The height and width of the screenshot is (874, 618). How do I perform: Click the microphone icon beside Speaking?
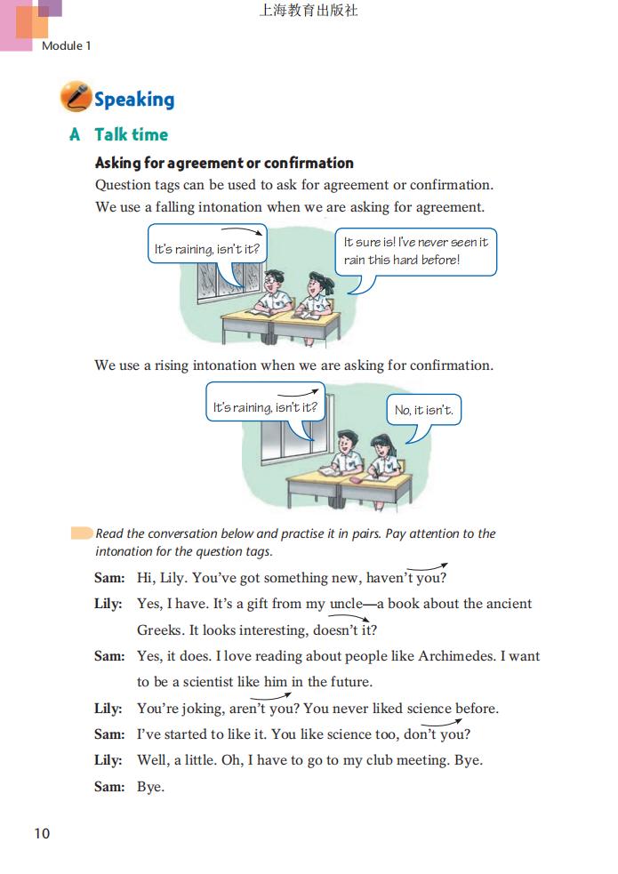click(x=76, y=97)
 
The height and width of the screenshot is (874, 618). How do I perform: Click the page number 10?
click(x=42, y=833)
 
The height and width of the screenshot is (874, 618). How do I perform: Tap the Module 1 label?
click(x=67, y=45)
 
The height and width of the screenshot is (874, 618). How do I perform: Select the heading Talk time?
click(x=131, y=134)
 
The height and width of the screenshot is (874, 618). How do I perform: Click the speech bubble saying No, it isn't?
click(x=429, y=411)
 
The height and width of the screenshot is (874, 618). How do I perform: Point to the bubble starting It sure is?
click(x=415, y=251)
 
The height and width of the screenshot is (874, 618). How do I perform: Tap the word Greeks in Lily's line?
click(x=160, y=629)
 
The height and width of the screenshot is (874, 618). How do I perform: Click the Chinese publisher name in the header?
click(x=309, y=12)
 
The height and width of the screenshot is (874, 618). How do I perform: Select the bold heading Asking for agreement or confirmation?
click(x=224, y=163)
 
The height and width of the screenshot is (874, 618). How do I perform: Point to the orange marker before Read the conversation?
click(x=82, y=533)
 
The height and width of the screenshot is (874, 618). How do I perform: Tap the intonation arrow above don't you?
click(x=450, y=723)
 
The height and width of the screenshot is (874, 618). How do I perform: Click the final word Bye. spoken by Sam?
click(x=150, y=787)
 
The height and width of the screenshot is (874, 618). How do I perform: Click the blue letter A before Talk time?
click(x=75, y=134)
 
